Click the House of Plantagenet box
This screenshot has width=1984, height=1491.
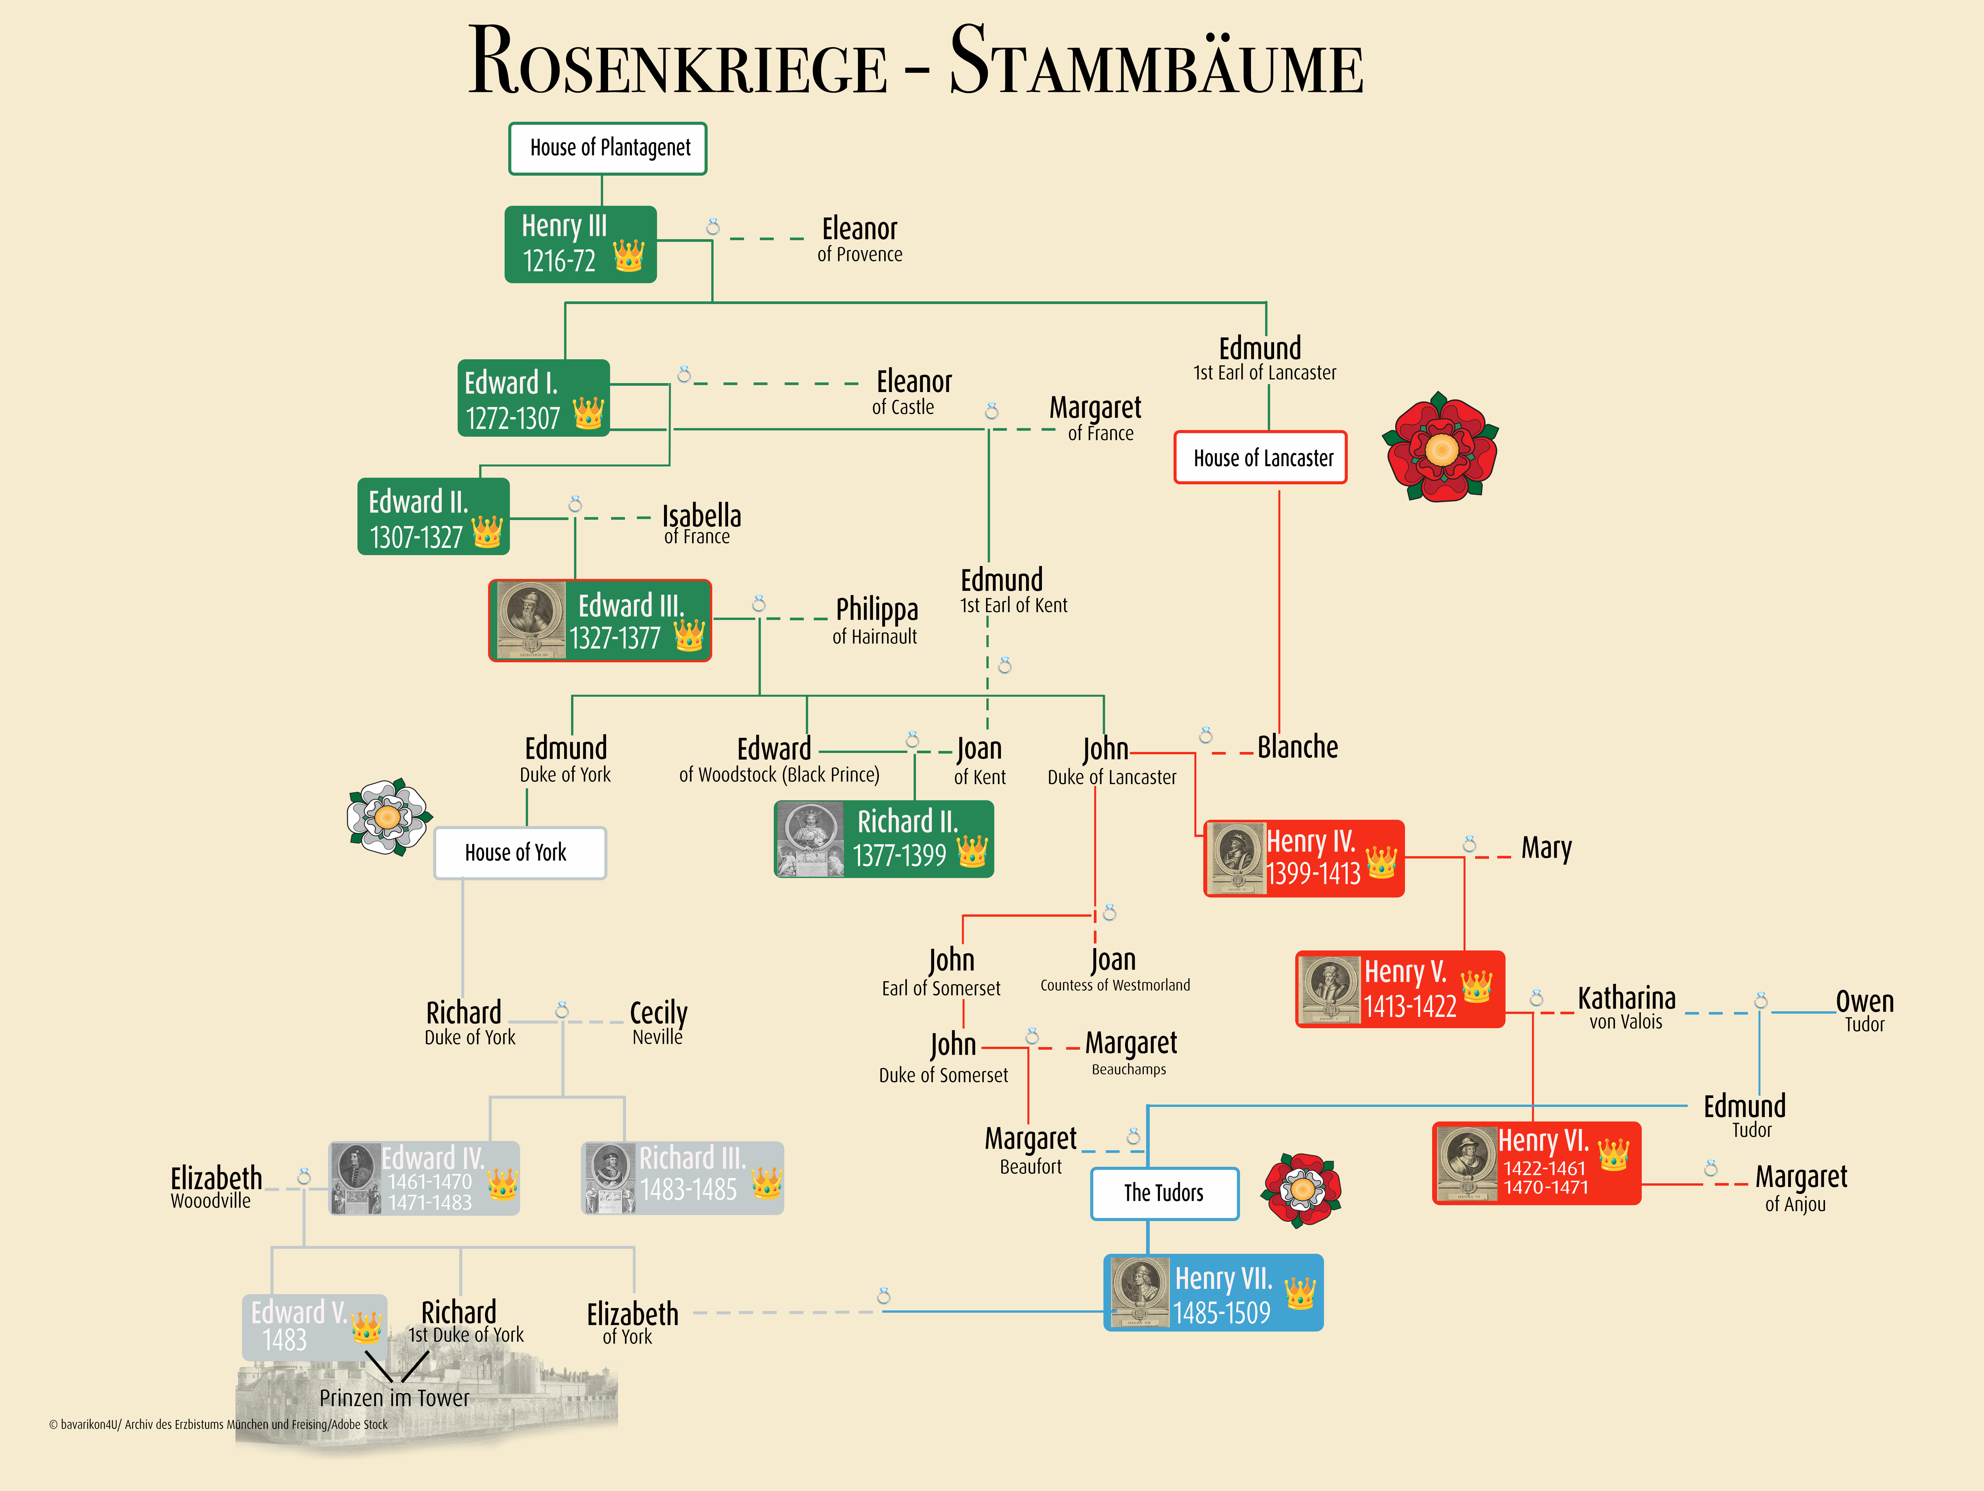608,148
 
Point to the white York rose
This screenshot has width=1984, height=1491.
389,816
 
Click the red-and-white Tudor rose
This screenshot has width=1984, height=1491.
1302,1190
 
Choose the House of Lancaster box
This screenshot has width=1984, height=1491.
1261,458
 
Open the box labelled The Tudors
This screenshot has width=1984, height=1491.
1164,1193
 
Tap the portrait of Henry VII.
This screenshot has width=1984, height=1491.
1139,1292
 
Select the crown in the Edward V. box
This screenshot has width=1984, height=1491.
366,1326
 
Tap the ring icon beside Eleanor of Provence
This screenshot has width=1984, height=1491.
713,227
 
